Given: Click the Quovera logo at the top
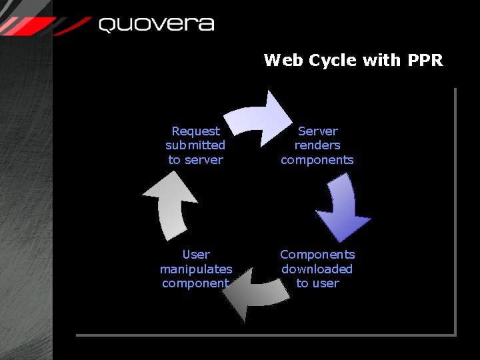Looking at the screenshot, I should pos(157,25).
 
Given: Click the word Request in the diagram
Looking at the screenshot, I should pos(195,131).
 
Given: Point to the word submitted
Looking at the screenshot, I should pos(195,145).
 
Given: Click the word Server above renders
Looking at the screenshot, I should pos(317,131).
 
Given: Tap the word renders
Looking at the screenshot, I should pos(317,145).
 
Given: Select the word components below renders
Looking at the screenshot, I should pos(317,160).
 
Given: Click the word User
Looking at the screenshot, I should pos(196,255).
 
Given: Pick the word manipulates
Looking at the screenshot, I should pos(196,269).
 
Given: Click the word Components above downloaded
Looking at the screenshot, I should pos(317,255).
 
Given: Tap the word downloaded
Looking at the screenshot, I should pos(317,269).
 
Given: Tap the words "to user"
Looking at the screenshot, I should pos(317,283).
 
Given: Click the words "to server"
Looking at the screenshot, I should pos(195,160).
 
